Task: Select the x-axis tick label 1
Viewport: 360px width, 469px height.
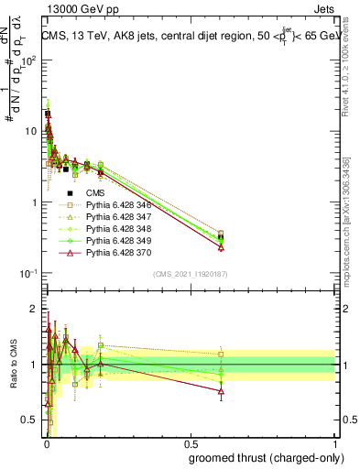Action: click(x=335, y=443)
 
